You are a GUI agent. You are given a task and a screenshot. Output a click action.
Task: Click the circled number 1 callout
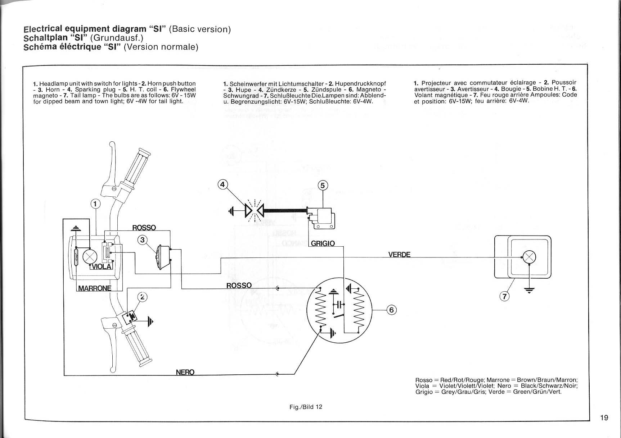[x=95, y=204]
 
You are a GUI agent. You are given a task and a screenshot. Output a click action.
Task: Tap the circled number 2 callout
[x=143, y=297]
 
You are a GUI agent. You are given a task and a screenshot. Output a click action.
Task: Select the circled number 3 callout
[x=143, y=239]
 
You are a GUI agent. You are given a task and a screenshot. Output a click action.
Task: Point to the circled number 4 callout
[x=223, y=184]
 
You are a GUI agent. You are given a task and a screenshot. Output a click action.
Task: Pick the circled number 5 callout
[x=323, y=185]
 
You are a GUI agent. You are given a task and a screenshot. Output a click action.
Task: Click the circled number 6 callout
[x=392, y=310]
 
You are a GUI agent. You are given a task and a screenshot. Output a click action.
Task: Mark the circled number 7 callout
[x=505, y=297]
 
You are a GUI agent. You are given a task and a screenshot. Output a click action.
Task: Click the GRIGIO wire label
[x=323, y=243]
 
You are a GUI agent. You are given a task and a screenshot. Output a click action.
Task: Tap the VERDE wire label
[x=399, y=255]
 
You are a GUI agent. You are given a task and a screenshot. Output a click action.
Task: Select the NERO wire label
[x=185, y=372]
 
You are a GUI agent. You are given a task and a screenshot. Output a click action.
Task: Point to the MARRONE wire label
[x=95, y=288]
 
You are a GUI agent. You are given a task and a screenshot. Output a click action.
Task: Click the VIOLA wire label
[x=102, y=266]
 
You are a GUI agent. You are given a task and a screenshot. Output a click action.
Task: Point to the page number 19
[x=604, y=418]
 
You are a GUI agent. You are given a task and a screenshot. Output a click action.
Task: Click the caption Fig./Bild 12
[x=306, y=407]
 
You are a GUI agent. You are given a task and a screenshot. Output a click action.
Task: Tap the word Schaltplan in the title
[x=45, y=38]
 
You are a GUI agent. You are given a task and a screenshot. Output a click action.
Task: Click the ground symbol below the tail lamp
[x=529, y=289]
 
